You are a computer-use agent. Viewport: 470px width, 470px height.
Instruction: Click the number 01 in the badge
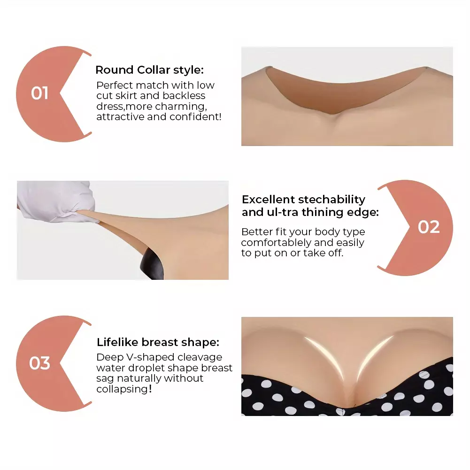(x=39, y=93)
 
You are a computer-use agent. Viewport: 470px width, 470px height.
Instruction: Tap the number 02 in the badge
(x=429, y=227)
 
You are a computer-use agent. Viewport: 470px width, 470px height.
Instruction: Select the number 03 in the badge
(x=39, y=363)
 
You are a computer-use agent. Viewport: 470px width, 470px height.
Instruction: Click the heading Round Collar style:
(x=150, y=70)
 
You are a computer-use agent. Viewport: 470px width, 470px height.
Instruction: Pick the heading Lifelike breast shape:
(x=158, y=342)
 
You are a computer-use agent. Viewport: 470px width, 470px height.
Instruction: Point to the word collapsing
(x=122, y=389)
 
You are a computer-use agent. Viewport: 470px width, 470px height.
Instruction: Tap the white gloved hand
(x=57, y=201)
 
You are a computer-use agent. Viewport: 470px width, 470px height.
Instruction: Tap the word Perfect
(x=116, y=85)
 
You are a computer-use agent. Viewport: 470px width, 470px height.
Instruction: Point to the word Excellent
(x=269, y=200)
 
